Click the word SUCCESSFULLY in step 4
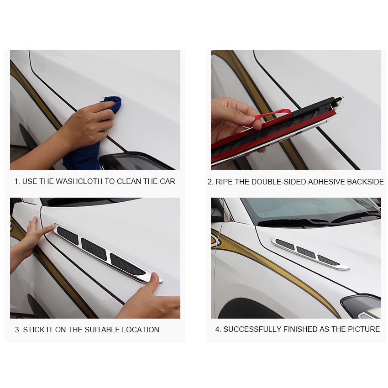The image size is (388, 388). click(252, 329)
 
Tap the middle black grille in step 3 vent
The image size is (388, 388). click(94, 249)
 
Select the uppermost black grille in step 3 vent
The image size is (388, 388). click(68, 235)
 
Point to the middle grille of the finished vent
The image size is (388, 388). click(306, 252)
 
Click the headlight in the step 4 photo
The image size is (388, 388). click(361, 306)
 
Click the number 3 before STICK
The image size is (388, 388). click(17, 330)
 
